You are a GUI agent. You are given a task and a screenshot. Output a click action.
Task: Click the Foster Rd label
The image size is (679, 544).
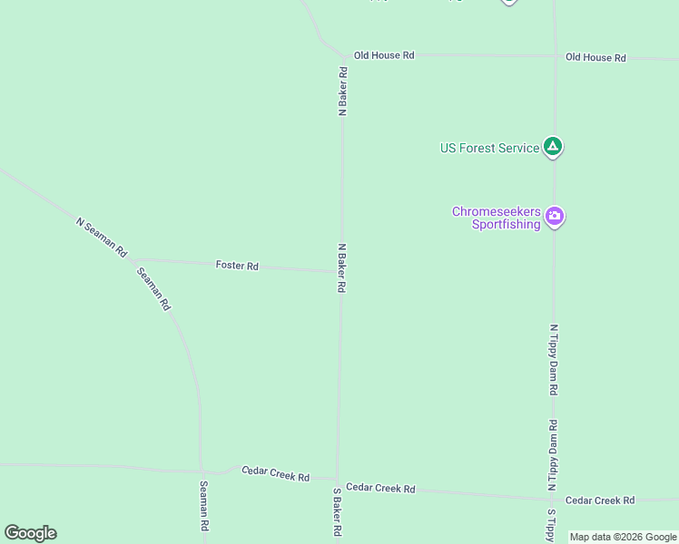(237, 266)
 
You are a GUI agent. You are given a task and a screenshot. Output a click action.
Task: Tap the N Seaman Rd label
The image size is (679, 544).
(102, 237)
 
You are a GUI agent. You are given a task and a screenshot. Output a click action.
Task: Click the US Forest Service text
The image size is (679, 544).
(489, 148)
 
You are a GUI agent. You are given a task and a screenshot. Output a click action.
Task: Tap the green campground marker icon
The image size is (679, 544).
(553, 147)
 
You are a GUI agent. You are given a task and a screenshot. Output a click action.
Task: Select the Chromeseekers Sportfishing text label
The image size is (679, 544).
(497, 218)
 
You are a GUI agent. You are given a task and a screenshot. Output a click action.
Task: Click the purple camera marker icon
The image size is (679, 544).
(555, 218)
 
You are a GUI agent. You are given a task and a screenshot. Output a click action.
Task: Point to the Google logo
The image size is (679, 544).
(30, 533)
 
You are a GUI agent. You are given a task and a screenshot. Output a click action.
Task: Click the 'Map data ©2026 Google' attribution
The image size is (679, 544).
(623, 537)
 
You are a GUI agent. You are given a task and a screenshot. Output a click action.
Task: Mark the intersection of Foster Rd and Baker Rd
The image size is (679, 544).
(340, 270)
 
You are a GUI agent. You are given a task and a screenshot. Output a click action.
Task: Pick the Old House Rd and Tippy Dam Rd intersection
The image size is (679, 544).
(555, 56)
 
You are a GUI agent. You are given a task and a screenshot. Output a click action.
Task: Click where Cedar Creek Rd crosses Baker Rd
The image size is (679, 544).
(338, 481)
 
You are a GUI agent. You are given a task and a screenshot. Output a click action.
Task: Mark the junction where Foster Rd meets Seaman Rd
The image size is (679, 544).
(133, 259)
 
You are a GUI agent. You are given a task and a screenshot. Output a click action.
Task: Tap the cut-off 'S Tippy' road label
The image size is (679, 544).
(550, 525)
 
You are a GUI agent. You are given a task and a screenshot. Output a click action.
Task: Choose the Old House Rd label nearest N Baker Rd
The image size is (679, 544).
(384, 55)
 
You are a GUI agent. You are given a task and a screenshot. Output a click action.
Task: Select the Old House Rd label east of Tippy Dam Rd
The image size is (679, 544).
(595, 57)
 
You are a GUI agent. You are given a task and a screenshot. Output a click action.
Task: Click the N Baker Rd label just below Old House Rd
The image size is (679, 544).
(343, 91)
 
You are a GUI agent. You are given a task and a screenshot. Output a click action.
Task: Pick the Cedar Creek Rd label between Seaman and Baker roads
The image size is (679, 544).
(275, 473)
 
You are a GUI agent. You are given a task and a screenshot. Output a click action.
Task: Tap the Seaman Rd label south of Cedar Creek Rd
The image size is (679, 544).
(204, 506)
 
